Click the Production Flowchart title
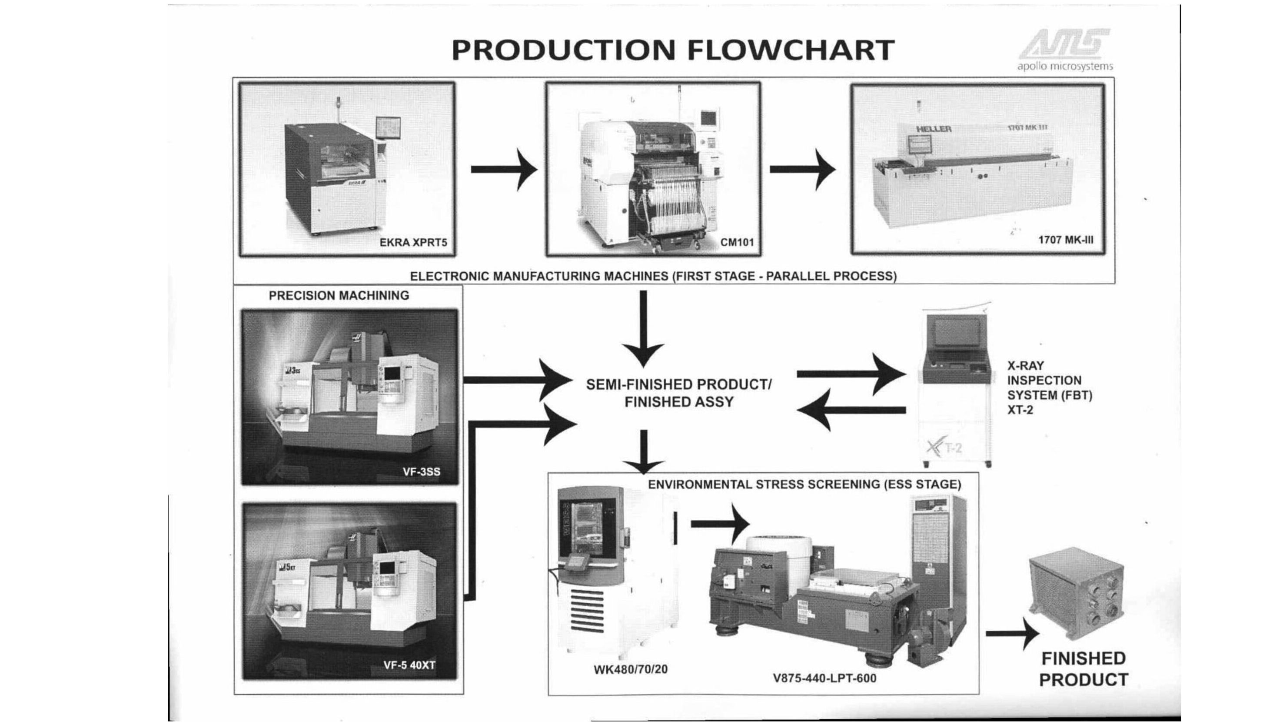pos(672,50)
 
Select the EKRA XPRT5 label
pos(413,243)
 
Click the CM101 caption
pos(737,243)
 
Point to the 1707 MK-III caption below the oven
pos(1066,240)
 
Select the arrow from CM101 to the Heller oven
pos(802,170)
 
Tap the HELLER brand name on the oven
pos(934,129)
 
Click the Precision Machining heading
pos(339,295)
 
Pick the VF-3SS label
pos(421,471)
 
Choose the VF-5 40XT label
pos(409,665)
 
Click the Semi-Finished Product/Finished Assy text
pos(679,393)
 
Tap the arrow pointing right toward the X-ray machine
pos(850,374)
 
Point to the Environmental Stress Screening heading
pos(804,485)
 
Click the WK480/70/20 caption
pos(631,669)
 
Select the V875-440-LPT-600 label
pos(824,678)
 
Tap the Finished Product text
pos(1083,669)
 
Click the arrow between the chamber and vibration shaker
pos(720,524)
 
